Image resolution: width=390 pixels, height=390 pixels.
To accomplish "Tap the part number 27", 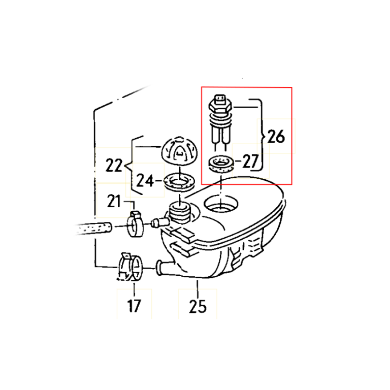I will coord(250,161).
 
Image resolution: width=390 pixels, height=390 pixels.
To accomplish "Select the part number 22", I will coord(115,165).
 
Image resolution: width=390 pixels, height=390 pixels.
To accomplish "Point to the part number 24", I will coord(144,180).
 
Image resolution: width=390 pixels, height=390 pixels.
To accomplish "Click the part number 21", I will coord(114,202).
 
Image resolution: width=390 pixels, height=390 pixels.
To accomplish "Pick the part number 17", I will coord(134,306).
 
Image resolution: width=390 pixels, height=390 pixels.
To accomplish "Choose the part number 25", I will coord(198,306).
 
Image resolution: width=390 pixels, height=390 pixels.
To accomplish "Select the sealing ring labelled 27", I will coord(222,164).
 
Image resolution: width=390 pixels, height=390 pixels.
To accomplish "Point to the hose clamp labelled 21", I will coord(135,224).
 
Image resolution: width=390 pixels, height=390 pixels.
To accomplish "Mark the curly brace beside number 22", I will coord(130,165).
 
